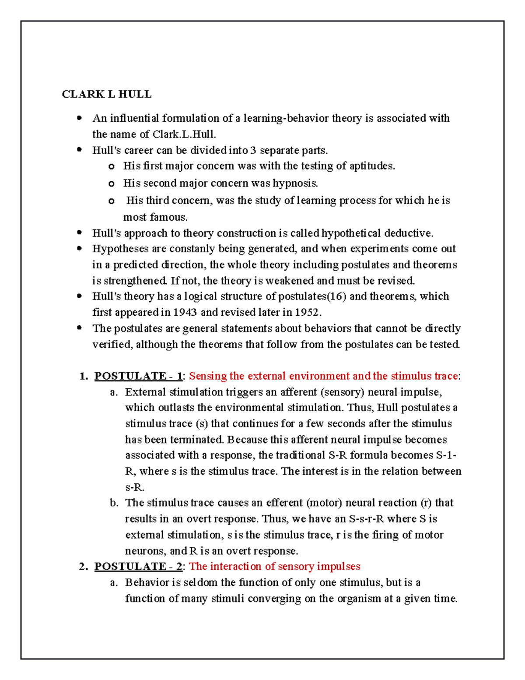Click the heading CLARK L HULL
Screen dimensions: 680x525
[107, 94]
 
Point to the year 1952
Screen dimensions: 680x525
[308, 313]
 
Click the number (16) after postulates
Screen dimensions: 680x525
[336, 296]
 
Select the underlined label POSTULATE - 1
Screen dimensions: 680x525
[138, 376]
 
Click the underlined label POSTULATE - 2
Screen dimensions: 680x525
[138, 567]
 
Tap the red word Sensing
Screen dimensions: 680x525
[207, 376]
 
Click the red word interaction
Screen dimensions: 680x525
[236, 567]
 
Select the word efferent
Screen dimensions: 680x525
[284, 503]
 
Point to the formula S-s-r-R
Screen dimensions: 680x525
[366, 519]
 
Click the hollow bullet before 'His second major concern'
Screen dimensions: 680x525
[112, 184]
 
